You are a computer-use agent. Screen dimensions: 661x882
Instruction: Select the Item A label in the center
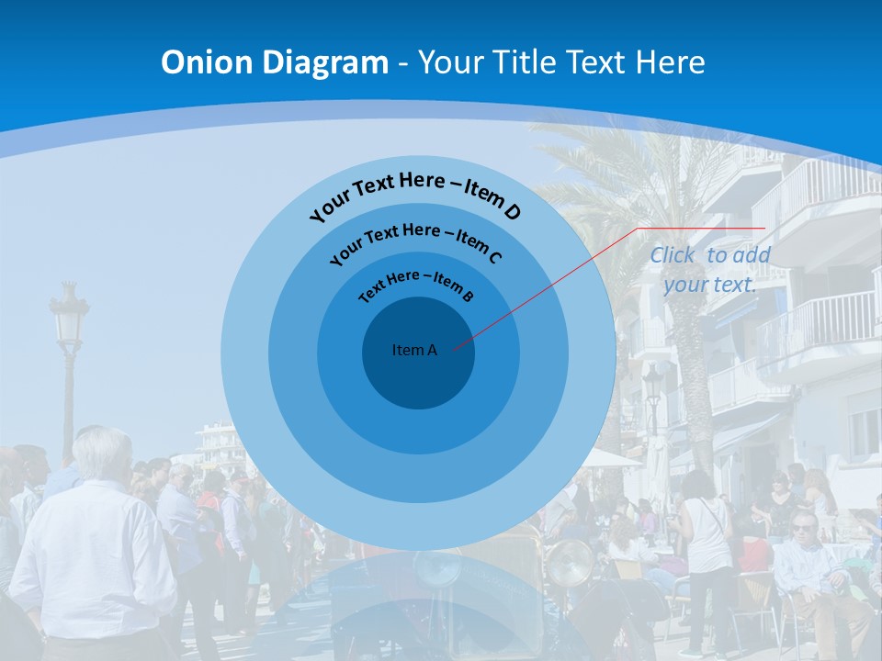(x=414, y=350)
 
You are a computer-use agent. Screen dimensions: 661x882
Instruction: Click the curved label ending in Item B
(x=415, y=285)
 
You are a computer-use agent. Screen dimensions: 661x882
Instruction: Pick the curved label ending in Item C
(x=415, y=241)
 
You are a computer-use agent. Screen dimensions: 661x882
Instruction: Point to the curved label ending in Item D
(x=415, y=195)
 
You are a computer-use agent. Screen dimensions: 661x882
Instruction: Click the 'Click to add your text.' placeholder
(x=709, y=270)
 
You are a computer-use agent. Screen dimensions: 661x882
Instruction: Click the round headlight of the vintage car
(x=570, y=562)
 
